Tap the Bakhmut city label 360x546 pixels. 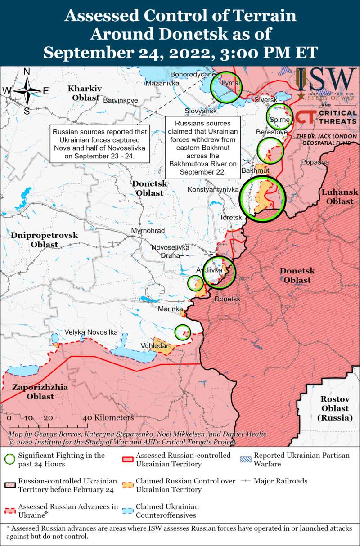coord(255,171)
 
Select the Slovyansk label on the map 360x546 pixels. coord(201,111)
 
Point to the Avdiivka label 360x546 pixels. coord(209,270)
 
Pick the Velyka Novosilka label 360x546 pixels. coord(91,332)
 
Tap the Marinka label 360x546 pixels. coord(170,309)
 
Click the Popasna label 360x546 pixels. coord(315,162)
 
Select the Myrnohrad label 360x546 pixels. coord(148,231)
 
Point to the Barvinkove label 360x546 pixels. coord(121,100)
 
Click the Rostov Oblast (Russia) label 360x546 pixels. coord(334,408)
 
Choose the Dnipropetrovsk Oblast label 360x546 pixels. coord(45,240)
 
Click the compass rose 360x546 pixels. coord(27,90)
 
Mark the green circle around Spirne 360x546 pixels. coord(279,116)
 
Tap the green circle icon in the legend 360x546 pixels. coord(9,459)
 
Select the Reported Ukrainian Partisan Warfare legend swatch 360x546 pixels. coord(245,459)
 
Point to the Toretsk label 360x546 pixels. coord(231,218)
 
